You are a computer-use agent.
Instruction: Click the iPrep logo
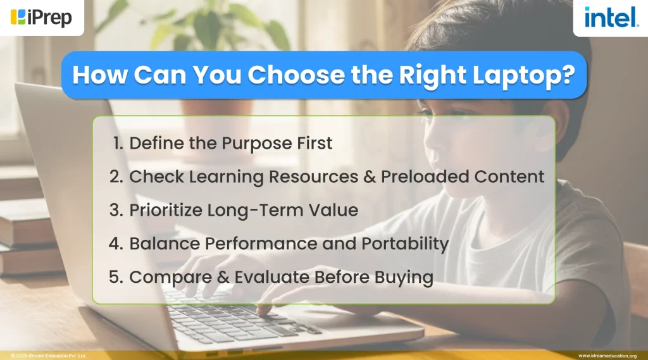tap(42, 17)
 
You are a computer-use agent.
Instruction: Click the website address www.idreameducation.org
tap(607, 356)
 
